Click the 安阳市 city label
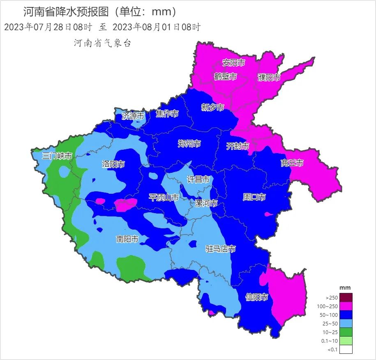click(233, 63)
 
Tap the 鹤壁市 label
click(226, 77)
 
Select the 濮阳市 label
click(269, 77)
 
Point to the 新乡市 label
click(212, 107)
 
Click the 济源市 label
click(133, 116)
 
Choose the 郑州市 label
click(189, 144)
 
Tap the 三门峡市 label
click(57, 156)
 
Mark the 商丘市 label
click(292, 163)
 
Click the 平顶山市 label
click(164, 198)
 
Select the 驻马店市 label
click(220, 249)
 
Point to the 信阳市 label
click(257, 297)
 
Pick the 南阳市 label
click(127, 239)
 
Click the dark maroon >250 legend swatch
click(346, 297)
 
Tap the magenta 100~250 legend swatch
click(346, 307)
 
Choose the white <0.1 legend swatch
click(346, 350)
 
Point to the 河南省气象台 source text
click(102, 43)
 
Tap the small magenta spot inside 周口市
click(269, 214)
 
